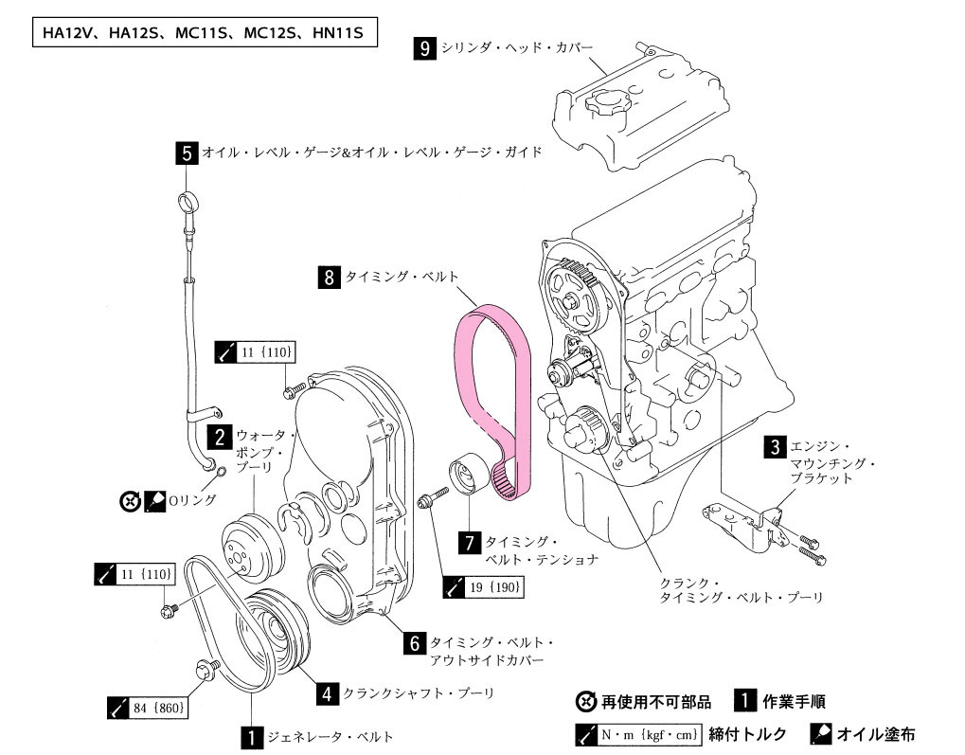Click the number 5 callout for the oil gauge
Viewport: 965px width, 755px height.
click(187, 152)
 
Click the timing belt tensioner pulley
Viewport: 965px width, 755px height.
click(467, 472)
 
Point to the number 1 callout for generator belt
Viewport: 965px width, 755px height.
click(251, 736)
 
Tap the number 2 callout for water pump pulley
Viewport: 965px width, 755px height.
click(220, 437)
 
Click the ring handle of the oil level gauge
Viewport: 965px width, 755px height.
click(187, 200)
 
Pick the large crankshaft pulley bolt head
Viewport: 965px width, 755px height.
click(204, 671)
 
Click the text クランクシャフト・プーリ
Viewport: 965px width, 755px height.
click(420, 693)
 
